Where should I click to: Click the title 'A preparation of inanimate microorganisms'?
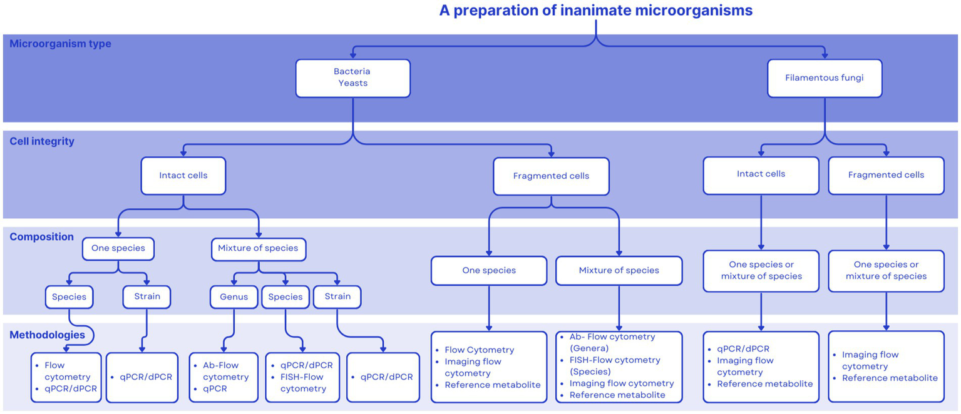595,11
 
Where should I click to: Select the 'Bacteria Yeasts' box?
352,78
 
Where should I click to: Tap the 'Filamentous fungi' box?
824,78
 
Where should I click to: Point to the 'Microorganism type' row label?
61,44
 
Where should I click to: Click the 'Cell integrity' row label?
42,141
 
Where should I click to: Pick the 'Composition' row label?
41,237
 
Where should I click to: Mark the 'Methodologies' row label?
47,335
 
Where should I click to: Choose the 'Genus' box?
233,296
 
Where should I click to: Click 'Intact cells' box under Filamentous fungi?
761,174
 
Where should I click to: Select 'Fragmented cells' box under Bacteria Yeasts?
551,176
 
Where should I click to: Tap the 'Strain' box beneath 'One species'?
146,296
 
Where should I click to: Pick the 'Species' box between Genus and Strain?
285,296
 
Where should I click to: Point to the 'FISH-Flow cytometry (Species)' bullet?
614,365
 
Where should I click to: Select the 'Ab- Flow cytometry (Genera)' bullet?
612,342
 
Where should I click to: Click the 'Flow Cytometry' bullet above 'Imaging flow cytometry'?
479,350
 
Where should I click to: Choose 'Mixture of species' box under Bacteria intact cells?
258,248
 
